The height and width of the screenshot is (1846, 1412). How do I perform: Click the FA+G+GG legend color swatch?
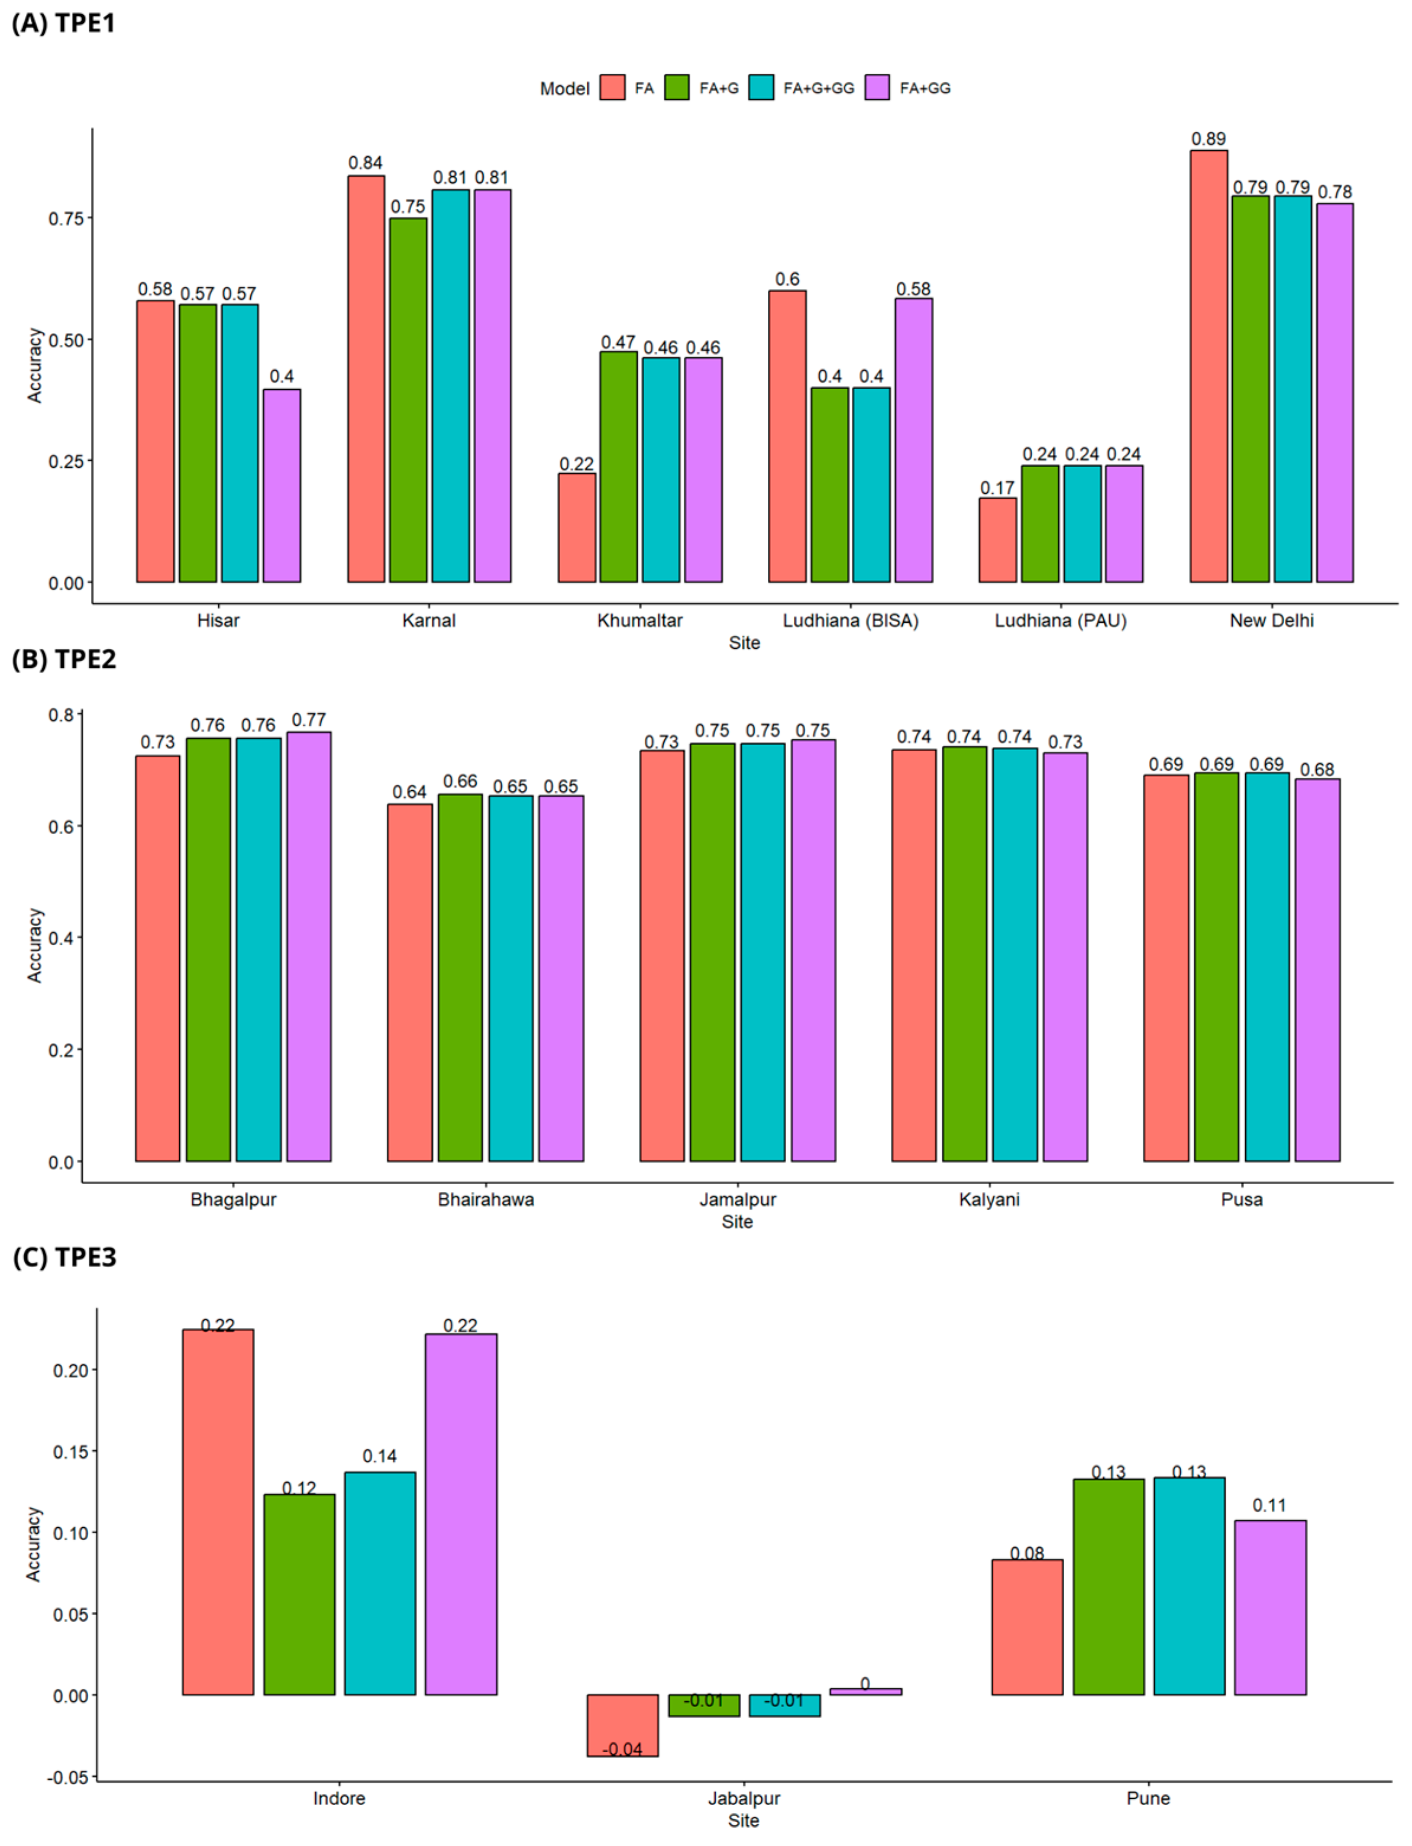(x=761, y=88)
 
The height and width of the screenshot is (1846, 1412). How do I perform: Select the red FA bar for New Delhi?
(x=1208, y=366)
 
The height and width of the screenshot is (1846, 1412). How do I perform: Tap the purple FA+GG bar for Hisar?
(x=282, y=485)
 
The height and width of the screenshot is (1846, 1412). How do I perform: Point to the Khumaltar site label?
(x=639, y=621)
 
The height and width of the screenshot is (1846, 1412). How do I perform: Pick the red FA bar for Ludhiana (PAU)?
(x=998, y=539)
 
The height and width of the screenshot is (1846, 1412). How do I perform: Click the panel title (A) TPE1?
(x=64, y=22)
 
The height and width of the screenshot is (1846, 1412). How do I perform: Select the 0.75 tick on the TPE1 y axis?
(x=66, y=218)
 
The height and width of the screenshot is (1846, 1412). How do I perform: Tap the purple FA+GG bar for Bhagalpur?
(x=308, y=946)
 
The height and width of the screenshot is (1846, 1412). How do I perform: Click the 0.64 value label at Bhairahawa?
(x=409, y=793)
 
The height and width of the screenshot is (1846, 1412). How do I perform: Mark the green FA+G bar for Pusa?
(x=1216, y=966)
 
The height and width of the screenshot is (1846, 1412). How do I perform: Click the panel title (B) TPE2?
(x=64, y=659)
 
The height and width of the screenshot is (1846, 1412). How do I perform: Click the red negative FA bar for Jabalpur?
(x=623, y=1724)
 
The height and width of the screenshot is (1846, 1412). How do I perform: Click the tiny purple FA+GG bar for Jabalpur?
(x=865, y=1692)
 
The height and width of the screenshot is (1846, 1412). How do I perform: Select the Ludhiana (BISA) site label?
(x=851, y=621)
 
